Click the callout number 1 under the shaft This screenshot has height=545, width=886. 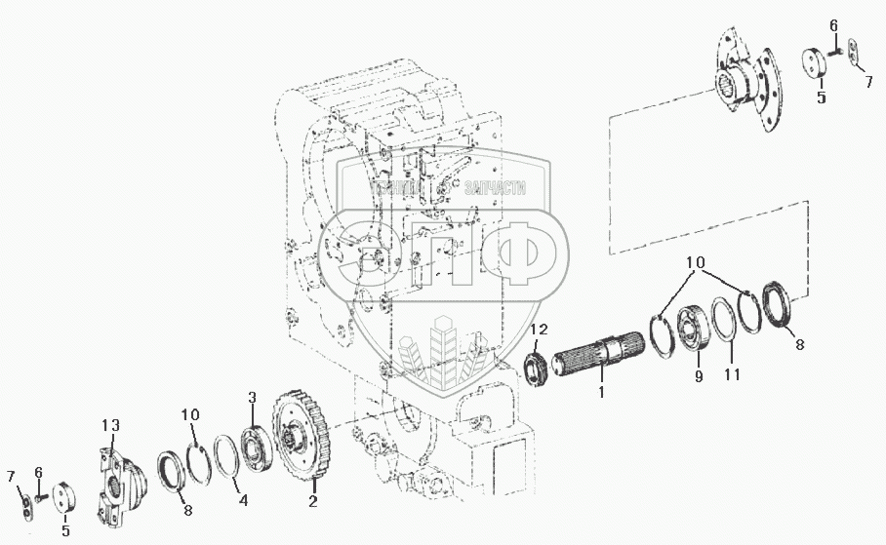click(601, 392)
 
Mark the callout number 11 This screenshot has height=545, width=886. click(733, 373)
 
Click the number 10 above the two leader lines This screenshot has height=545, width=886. click(695, 263)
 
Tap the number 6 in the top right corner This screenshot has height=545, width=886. click(832, 25)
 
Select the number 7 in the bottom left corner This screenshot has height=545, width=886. click(12, 475)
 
